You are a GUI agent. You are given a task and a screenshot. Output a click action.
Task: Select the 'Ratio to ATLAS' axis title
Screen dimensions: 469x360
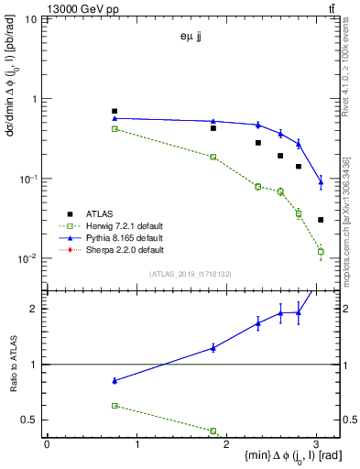tap(13, 365)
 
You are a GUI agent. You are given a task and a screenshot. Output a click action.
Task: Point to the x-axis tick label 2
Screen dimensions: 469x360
tap(227, 444)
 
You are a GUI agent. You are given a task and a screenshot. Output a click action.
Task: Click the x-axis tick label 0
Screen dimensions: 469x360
tap(47, 444)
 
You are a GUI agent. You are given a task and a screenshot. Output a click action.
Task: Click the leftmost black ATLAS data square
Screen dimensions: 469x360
tap(115, 111)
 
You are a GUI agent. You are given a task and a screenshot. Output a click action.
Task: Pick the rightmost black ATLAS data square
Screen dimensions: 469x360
tap(321, 220)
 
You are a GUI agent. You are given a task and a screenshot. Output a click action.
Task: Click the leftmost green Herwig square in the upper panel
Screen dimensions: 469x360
tap(115, 129)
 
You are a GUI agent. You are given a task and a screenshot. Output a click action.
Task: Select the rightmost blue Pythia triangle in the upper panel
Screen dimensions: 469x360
tap(321, 183)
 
